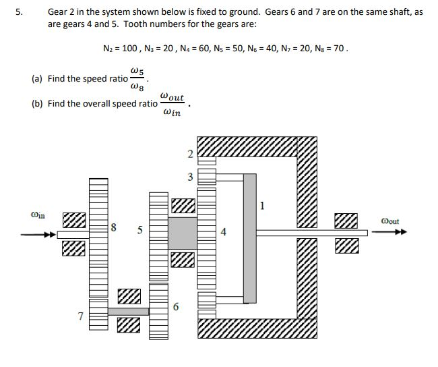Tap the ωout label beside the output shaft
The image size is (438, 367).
pyautogui.click(x=389, y=221)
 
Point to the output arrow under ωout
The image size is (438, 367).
pyautogui.click(x=391, y=232)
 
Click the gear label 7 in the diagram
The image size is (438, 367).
pyautogui.click(x=80, y=315)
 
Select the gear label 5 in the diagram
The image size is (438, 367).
pyautogui.click(x=139, y=229)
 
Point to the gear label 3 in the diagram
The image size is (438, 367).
pyautogui.click(x=190, y=177)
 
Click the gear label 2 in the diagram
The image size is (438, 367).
pyautogui.click(x=190, y=154)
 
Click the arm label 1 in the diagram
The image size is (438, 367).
pyautogui.click(x=263, y=205)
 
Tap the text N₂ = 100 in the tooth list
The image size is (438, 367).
pyautogui.click(x=122, y=49)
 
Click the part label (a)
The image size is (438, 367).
pyautogui.click(x=38, y=78)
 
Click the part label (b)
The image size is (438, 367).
pyautogui.click(x=38, y=104)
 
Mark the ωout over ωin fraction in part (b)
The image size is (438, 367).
pyautogui.click(x=173, y=105)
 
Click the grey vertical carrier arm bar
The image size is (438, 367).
pyautogui.click(x=249, y=236)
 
